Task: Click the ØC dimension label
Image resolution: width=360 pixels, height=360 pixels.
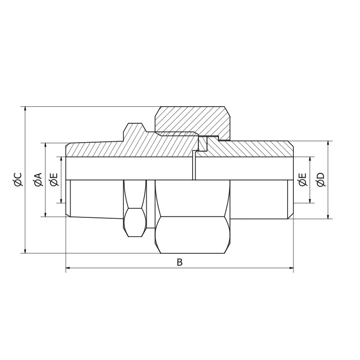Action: tap(18, 179)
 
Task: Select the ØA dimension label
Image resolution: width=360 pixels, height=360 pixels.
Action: tap(38, 179)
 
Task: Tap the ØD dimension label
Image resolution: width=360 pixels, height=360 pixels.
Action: tap(321, 179)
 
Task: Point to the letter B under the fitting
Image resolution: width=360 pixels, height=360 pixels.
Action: tap(180, 263)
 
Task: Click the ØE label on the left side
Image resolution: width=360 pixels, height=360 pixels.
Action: tap(54, 179)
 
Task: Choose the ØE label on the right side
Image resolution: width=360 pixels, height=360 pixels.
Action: tap(303, 179)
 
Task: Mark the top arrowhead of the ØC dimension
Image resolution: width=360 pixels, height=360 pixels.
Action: tap(25, 109)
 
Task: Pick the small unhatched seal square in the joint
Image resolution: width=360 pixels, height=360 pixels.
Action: tap(202, 144)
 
